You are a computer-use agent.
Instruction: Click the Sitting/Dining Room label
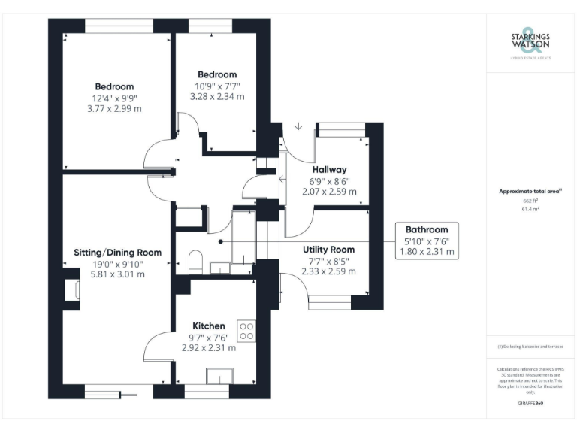pyautogui.click(x=118, y=252)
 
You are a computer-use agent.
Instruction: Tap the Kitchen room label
pyautogui.click(x=208, y=326)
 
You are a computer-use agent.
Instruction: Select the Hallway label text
pyautogui.click(x=329, y=170)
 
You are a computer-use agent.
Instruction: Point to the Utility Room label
pyautogui.click(x=328, y=249)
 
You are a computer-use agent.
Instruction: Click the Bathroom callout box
pyautogui.click(x=427, y=241)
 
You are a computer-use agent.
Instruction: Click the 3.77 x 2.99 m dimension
pyautogui.click(x=115, y=109)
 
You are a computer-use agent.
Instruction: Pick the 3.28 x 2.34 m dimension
pyautogui.click(x=217, y=97)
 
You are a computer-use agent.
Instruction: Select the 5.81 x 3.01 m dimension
pyautogui.click(x=118, y=274)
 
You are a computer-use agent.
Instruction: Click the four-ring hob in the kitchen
pyautogui.click(x=246, y=331)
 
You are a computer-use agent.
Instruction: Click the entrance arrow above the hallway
pyautogui.click(x=298, y=126)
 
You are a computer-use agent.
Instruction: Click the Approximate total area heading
pyautogui.click(x=530, y=192)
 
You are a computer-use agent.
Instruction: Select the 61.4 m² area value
pyautogui.click(x=531, y=210)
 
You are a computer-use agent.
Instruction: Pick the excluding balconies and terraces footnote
pyautogui.click(x=530, y=347)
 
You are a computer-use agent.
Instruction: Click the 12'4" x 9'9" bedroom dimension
pyautogui.click(x=115, y=98)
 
